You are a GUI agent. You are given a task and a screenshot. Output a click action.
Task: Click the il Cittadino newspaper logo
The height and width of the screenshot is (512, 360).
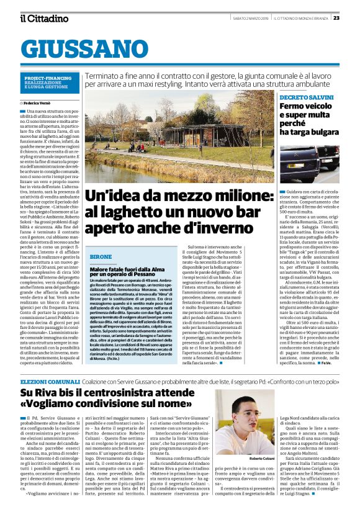pyautogui.click(x=44, y=18)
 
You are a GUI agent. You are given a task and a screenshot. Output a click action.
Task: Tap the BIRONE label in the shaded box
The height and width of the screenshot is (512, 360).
pyautogui.click(x=101, y=256)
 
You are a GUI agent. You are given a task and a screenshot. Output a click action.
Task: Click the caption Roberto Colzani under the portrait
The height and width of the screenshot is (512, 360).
pyautogui.click(x=262, y=441)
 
